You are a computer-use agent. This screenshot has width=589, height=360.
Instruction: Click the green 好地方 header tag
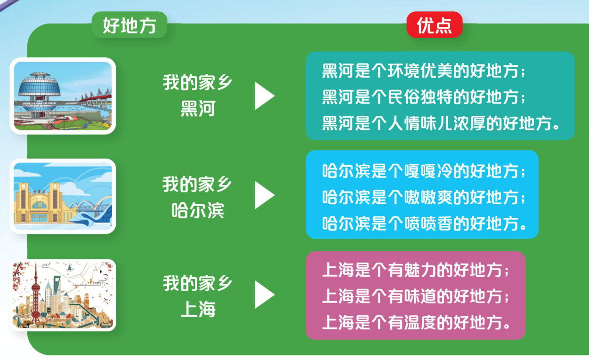129,24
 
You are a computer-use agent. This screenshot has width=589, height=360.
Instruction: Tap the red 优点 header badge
435,24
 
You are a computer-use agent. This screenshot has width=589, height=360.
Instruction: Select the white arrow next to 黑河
265,96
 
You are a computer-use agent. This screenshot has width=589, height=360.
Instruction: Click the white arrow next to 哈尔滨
265,195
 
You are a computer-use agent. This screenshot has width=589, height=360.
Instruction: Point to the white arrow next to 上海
265,295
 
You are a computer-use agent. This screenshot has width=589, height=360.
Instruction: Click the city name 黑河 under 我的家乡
198,108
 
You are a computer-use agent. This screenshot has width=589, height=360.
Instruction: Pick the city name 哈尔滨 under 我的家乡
198,210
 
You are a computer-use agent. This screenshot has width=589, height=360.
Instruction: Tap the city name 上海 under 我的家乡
198,309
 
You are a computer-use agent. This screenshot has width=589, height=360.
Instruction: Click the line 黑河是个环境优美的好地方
423,71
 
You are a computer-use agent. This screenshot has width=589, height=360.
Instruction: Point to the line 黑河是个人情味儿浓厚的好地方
440,123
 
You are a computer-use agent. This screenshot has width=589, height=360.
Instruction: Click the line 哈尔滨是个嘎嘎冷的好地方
423,171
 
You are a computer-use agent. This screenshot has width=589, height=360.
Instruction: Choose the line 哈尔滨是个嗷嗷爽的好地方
423,197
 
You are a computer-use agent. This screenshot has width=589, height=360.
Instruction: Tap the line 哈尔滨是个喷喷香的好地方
424,224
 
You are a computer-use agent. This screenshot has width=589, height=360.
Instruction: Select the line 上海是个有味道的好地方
415,296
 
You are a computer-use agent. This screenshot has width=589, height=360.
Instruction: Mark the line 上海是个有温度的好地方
416,322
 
